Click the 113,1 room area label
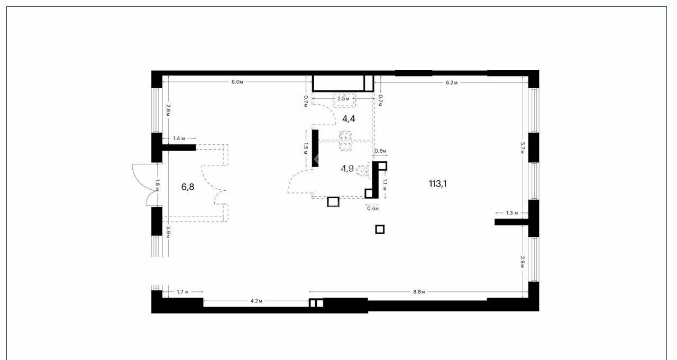pyautogui.click(x=437, y=183)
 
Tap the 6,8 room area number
pyautogui.click(x=188, y=187)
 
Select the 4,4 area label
pyautogui.click(x=349, y=119)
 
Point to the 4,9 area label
pyautogui.click(x=347, y=169)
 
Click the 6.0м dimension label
pyautogui.click(x=237, y=82)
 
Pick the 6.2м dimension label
pyautogui.click(x=452, y=83)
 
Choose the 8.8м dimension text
pyautogui.click(x=419, y=292)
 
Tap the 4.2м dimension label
pyautogui.click(x=257, y=301)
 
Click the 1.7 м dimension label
pyautogui.click(x=183, y=292)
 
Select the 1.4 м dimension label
pyautogui.click(x=179, y=139)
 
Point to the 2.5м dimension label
pyautogui.click(x=344, y=98)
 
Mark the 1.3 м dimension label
pyautogui.click(x=512, y=213)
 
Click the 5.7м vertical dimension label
pyautogui.click(x=522, y=148)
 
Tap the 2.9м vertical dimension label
pyautogui.click(x=522, y=262)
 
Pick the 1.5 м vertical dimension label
pyautogui.click(x=306, y=149)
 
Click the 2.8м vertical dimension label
pyautogui.click(x=168, y=110)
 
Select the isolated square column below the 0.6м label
pyautogui.click(x=380, y=229)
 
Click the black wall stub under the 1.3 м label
pyautogui.click(x=511, y=222)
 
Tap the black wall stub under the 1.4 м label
pyautogui.click(x=179, y=147)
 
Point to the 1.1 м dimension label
pyautogui.click(x=385, y=185)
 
